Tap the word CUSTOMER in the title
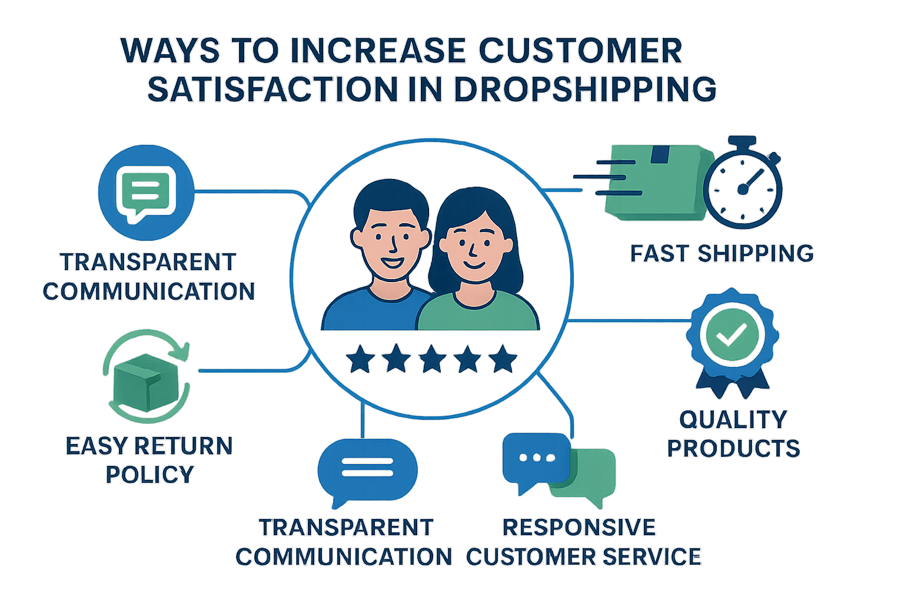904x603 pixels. click(x=580, y=51)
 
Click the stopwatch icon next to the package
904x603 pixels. click(x=743, y=188)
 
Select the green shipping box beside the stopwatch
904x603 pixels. click(x=653, y=183)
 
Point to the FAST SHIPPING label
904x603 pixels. click(x=722, y=253)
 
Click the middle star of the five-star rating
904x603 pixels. click(x=432, y=359)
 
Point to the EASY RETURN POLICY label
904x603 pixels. click(x=149, y=460)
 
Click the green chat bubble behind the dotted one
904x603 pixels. click(x=591, y=480)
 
